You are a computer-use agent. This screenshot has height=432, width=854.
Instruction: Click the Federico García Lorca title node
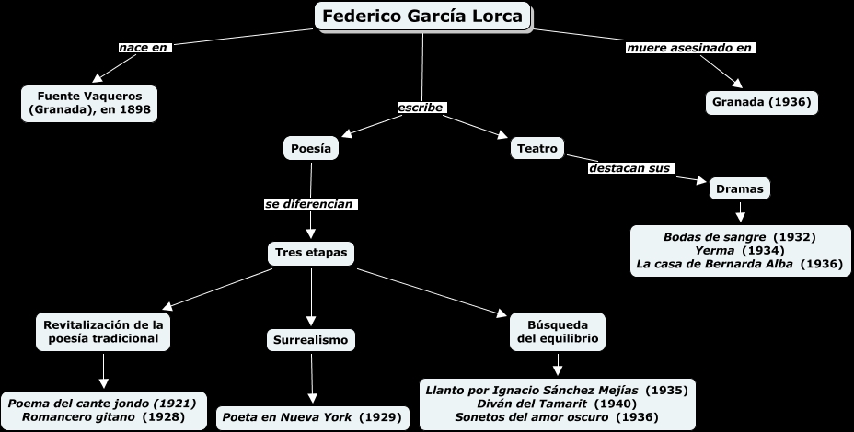(423, 17)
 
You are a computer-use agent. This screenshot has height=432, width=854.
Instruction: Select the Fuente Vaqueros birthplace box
(89, 103)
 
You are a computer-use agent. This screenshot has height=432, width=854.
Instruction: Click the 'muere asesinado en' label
(689, 47)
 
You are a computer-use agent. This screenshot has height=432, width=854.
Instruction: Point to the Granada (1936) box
(761, 102)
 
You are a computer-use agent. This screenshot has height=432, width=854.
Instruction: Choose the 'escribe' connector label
(421, 108)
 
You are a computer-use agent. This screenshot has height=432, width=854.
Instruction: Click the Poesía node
(310, 148)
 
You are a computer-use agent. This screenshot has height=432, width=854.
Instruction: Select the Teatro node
(537, 148)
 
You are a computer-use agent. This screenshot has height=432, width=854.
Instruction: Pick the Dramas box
(739, 189)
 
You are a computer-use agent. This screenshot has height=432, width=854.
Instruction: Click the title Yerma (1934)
(739, 250)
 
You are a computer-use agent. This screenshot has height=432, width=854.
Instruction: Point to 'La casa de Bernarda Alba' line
(739, 264)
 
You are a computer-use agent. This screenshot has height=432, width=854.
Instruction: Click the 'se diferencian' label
(310, 203)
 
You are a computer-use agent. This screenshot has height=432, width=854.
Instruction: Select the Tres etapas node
(311, 252)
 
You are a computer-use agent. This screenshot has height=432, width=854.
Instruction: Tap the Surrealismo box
(311, 340)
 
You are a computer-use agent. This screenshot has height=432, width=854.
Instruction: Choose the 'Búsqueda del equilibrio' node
(558, 331)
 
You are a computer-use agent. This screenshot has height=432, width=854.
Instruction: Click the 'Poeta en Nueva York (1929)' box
(312, 417)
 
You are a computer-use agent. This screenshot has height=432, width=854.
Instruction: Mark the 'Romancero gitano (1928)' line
(103, 416)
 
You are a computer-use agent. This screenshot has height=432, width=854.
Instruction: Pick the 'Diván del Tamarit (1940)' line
(557, 404)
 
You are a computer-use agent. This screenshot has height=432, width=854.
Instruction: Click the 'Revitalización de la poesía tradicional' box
(104, 331)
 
